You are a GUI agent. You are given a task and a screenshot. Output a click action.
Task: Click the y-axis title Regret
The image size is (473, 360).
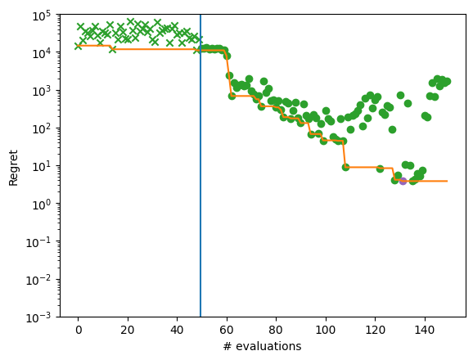click(x=14, y=166)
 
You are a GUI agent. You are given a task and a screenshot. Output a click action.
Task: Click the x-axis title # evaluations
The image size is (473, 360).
click(x=263, y=347)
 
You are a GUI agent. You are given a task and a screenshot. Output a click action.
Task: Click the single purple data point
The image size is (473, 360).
click(x=403, y=181)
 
